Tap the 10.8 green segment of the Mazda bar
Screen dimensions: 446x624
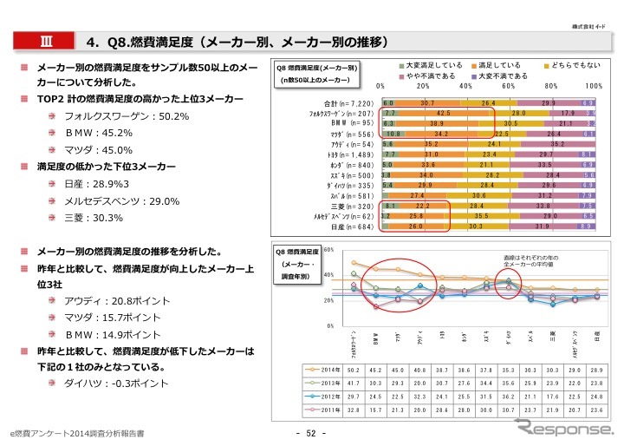(393, 134)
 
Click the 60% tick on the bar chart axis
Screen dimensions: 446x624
(509, 87)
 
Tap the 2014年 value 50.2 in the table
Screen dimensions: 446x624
(354, 371)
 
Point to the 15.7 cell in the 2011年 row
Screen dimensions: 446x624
(375, 410)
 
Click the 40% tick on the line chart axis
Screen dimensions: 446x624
(328, 275)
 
